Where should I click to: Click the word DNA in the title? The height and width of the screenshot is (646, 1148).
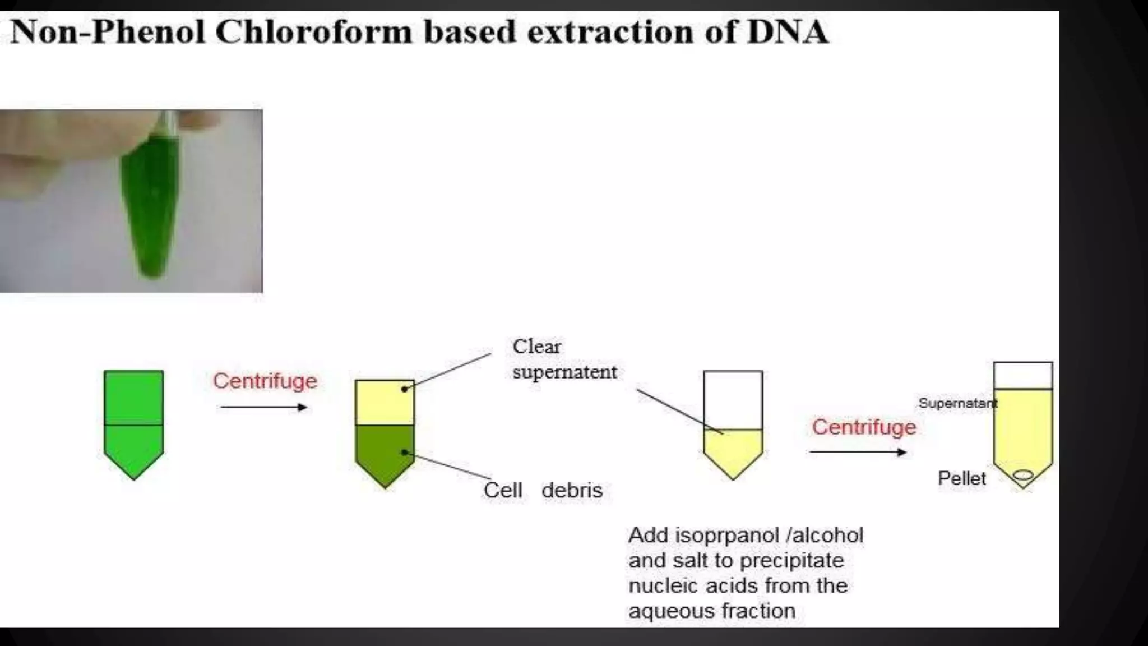pos(788,31)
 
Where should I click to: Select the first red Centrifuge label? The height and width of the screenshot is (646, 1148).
pos(265,381)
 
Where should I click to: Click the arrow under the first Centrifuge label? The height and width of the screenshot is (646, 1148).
pos(264,407)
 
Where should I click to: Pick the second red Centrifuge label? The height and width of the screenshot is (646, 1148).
pos(864,427)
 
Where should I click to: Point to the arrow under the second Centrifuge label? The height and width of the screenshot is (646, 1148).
pos(858,452)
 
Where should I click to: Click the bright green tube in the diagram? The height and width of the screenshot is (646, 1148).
pos(133,421)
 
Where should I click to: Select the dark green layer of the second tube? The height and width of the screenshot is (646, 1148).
pos(385,451)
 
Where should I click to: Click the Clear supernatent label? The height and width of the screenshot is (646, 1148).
pos(564,359)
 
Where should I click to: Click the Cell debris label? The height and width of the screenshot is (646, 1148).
pos(543,490)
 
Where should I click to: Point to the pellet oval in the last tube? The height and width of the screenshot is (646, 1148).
pos(1023,476)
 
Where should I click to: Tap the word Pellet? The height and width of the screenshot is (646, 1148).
pos(961,478)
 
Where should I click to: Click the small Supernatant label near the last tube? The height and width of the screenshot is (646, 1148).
pos(957,403)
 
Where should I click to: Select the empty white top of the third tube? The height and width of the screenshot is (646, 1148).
pos(733,399)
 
